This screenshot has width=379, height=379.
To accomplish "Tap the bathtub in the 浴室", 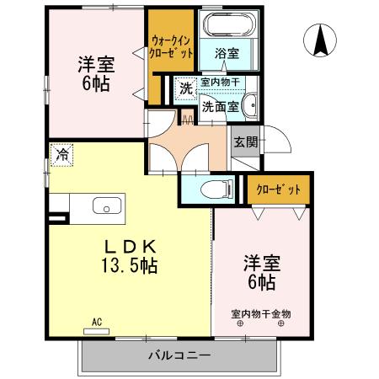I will tap(227, 24).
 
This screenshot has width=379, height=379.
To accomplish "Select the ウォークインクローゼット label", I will tap(172, 45).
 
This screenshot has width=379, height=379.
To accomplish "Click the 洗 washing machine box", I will tap(185, 88).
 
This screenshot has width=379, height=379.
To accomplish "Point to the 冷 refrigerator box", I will tap(61, 154).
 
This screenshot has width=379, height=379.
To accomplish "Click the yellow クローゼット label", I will tap(278, 189).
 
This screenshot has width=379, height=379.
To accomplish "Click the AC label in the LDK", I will tap(97, 322).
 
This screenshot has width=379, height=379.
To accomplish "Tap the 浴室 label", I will tap(227, 53).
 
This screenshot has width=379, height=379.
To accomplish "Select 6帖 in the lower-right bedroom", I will tap(260, 280).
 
